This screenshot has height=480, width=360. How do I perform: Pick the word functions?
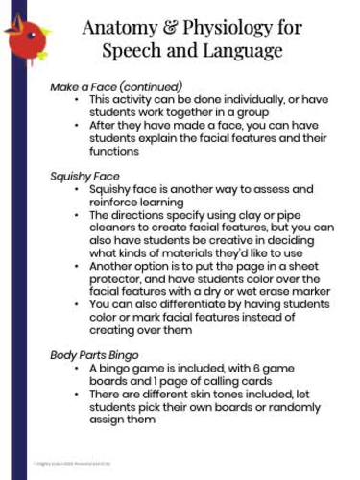[x=117, y=151]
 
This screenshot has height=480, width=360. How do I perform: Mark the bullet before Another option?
[x=76, y=266]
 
